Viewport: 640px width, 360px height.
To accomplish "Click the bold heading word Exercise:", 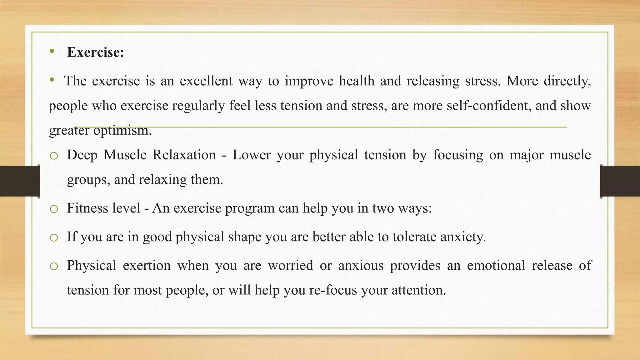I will coord(95,52).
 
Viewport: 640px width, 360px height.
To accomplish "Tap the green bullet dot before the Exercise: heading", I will coord(52,51).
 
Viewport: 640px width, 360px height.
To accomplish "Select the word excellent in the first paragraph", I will coord(206,81).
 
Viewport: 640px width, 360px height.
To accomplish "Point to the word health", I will coord(357,81).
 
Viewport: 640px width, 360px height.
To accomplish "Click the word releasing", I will coord(433,81).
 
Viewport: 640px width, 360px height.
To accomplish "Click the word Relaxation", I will coord(184,155).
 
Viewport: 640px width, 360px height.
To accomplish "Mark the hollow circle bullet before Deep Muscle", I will coord(54,156).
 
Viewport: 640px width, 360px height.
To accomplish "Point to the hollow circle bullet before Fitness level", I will coord(54,209).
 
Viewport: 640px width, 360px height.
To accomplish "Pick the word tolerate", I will coord(414,237).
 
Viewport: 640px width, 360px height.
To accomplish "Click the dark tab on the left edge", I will coord(20,181).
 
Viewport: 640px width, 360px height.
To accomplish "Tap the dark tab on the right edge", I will coord(620,181).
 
